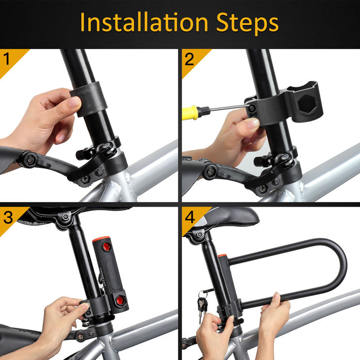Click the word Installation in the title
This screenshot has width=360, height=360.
pyautogui.click(x=144, y=22)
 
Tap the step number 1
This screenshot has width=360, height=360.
pyautogui.click(x=6, y=59)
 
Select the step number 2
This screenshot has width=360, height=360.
pyautogui.click(x=190, y=59)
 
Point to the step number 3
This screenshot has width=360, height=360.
pyautogui.click(x=8, y=217)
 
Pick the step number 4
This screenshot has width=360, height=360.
pyautogui.click(x=190, y=217)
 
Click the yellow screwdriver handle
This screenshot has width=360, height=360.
pyautogui.click(x=190, y=113)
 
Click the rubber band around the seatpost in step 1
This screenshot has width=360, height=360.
pyautogui.click(x=89, y=99)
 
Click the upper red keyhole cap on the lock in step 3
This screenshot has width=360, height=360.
pyautogui.click(x=106, y=246)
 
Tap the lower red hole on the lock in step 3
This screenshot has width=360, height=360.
pyautogui.click(x=120, y=300)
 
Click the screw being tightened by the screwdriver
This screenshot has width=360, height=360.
pyautogui.click(x=252, y=108)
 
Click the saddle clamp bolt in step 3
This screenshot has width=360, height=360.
pyautogui.click(x=66, y=216)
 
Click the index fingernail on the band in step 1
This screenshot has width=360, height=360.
pyautogui.click(x=74, y=102)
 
